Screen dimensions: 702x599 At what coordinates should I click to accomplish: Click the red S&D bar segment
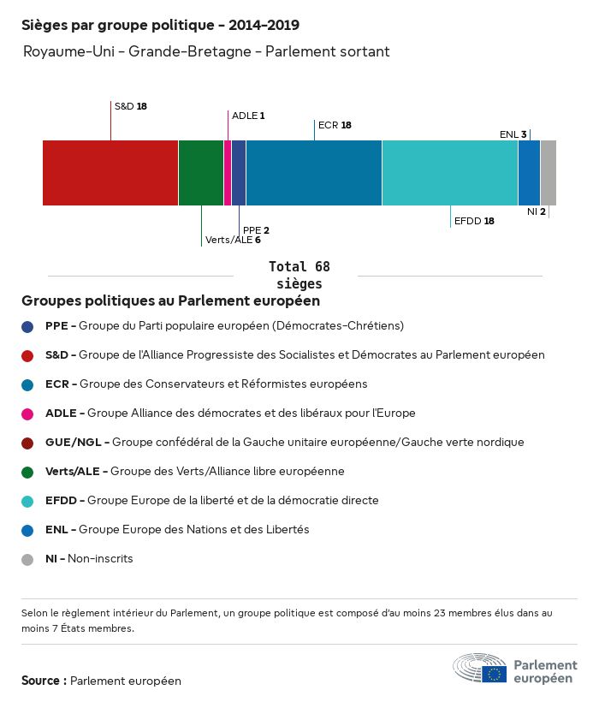click(110, 173)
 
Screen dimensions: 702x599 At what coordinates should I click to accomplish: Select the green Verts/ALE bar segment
click(201, 173)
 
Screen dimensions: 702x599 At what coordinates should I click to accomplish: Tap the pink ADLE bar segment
click(228, 173)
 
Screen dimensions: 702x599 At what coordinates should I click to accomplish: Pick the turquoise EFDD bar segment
click(450, 173)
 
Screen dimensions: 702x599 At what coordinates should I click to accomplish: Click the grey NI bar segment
click(549, 173)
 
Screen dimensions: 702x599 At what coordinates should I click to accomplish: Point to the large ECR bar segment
click(314, 173)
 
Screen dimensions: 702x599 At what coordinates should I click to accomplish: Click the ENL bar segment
click(530, 173)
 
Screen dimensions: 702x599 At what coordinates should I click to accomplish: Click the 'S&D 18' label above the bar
click(131, 107)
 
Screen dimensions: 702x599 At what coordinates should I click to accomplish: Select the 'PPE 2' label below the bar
click(256, 230)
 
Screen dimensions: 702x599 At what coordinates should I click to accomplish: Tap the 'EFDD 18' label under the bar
click(474, 221)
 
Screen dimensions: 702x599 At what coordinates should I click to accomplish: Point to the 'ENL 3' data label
click(513, 134)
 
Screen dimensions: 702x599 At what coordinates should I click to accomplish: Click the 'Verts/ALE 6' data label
click(233, 240)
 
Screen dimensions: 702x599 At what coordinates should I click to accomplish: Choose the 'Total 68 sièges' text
click(299, 275)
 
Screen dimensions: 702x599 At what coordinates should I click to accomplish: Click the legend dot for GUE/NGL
click(27, 443)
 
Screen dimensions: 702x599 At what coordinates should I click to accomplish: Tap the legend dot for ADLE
click(27, 413)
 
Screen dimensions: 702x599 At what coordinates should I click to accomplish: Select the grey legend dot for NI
click(27, 559)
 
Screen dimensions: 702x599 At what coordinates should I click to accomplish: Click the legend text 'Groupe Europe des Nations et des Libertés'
click(193, 530)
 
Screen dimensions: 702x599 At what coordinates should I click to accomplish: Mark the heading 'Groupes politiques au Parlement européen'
click(171, 301)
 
